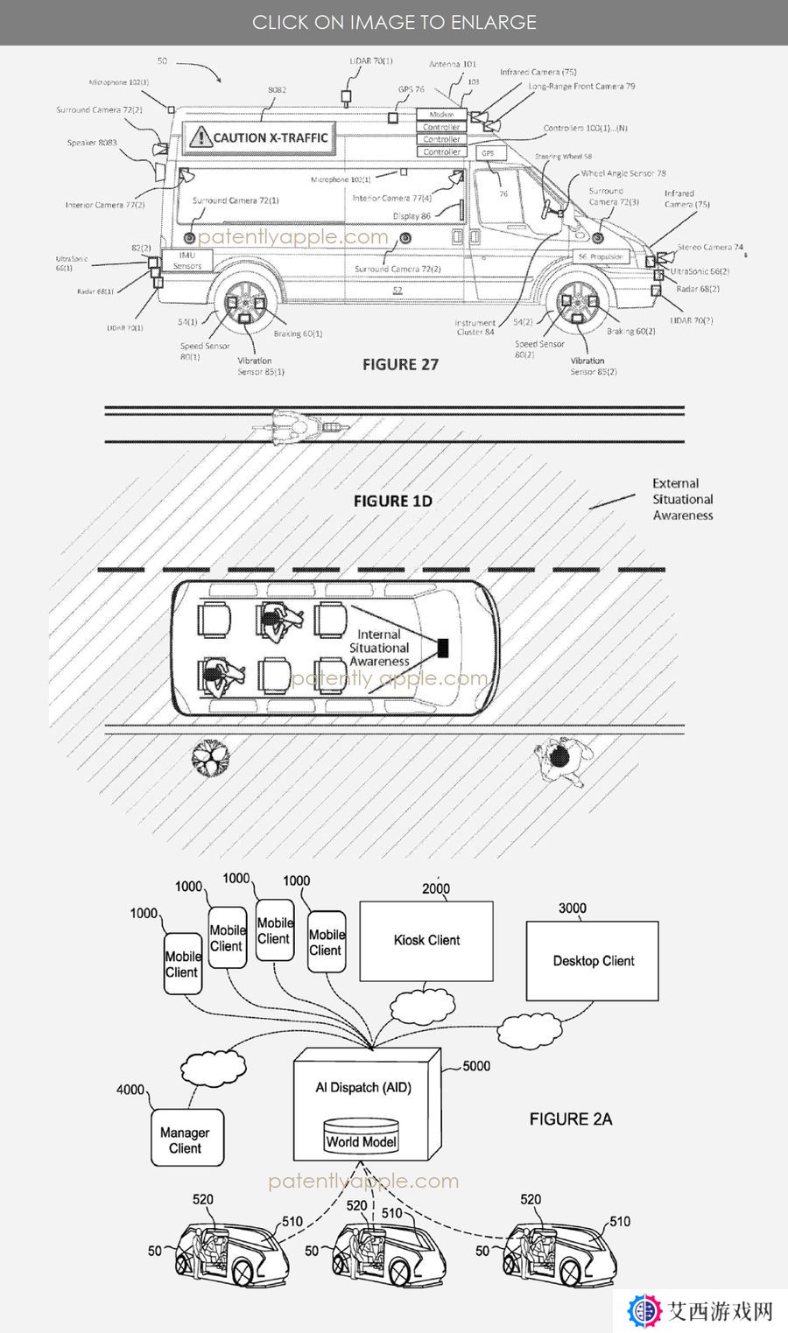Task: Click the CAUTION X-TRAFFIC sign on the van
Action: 260,137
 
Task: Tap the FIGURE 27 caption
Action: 400,364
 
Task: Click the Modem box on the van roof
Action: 441,115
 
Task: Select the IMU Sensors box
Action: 186,260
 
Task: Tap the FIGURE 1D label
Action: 392,501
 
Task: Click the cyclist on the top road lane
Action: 299,426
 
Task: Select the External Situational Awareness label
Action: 682,499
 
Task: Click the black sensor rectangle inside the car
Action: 443,648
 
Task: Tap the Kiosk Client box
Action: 426,941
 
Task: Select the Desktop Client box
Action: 593,961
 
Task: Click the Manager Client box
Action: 185,1139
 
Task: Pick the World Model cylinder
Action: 361,1136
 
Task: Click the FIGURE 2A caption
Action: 571,1119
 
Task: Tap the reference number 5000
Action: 476,1066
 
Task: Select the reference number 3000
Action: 573,909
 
